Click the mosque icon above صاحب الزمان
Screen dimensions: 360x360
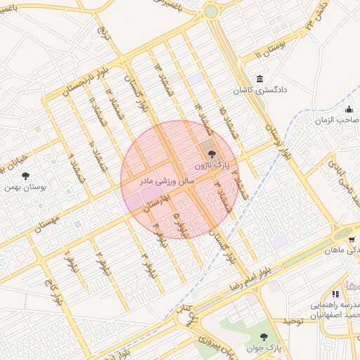[x=349, y=109]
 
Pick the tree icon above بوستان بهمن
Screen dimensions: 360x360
[x=26, y=176]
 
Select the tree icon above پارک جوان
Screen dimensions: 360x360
[x=264, y=337]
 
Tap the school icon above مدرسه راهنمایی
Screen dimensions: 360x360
[x=335, y=294]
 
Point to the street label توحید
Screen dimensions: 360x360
[x=292, y=321]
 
